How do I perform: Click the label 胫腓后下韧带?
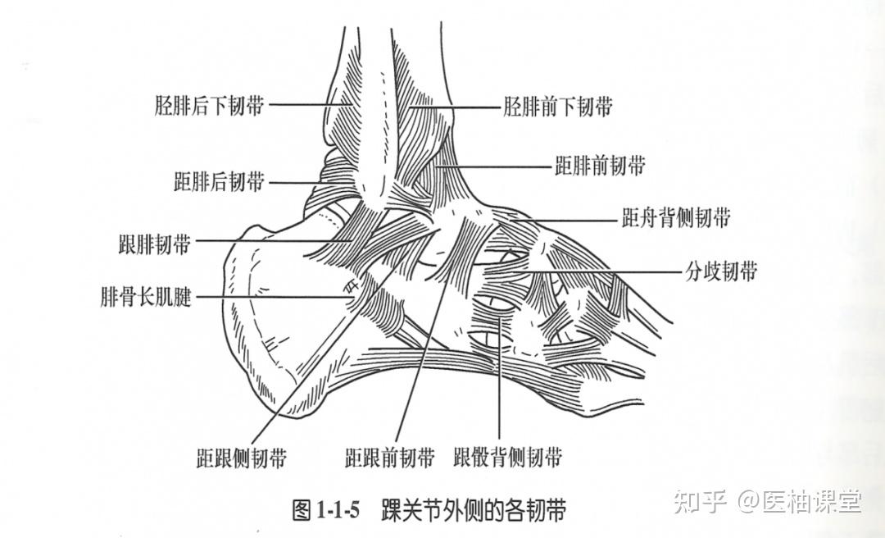pyautogui.click(x=210, y=105)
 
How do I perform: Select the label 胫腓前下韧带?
pyautogui.click(x=558, y=107)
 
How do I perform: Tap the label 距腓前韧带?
pyautogui.click(x=600, y=166)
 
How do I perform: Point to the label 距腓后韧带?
pyautogui.click(x=220, y=181)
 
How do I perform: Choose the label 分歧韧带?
pyautogui.click(x=720, y=271)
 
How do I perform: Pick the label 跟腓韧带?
pyautogui.click(x=155, y=244)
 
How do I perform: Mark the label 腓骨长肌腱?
pyautogui.click(x=146, y=296)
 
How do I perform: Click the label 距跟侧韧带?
pyautogui.click(x=243, y=458)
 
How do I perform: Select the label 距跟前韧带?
pyautogui.click(x=389, y=458)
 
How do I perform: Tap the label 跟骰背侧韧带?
pyautogui.click(x=508, y=458)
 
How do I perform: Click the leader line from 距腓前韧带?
pyautogui.click(x=500, y=166)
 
